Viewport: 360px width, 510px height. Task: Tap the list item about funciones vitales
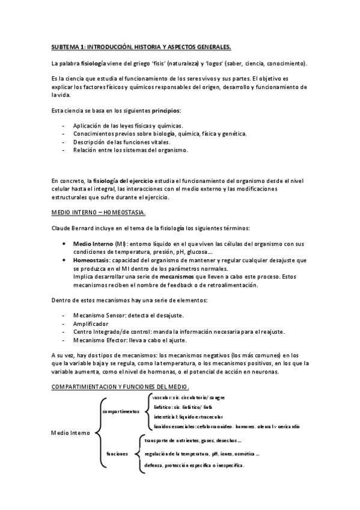click(121, 142)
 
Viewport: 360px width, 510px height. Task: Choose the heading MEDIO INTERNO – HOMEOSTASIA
click(98, 213)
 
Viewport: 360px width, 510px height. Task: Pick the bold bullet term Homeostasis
click(94, 260)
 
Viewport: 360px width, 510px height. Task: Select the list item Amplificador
click(95, 324)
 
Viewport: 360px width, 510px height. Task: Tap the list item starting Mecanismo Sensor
click(128, 315)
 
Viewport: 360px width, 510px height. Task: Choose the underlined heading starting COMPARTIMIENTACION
click(120, 386)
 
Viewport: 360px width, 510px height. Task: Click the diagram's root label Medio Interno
click(71, 432)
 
